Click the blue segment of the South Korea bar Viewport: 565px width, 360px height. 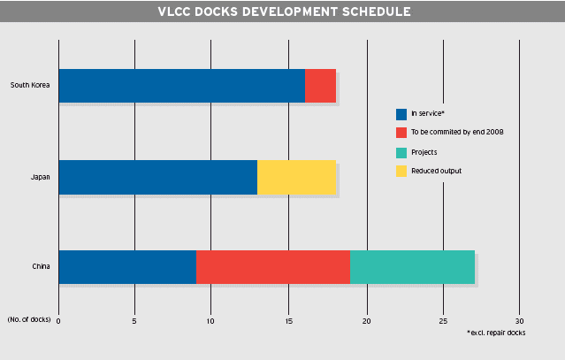182,86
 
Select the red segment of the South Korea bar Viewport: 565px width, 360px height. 320,86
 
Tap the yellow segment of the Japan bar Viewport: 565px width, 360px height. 296,177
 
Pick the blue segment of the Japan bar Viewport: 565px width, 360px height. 158,177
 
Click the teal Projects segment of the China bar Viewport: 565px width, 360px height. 412,267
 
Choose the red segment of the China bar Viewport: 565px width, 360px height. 273,267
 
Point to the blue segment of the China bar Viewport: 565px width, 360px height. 127,267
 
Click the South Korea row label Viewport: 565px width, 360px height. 30,85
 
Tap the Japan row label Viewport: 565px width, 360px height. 41,177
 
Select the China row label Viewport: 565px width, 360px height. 41,266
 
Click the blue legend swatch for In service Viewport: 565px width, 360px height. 401,115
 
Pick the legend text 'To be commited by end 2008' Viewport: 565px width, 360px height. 457,132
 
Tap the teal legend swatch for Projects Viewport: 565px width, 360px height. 401,153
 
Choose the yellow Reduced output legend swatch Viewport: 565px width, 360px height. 401,172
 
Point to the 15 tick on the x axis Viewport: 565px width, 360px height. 288,321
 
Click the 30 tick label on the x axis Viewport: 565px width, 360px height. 519,321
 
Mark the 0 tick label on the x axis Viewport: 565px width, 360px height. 58,321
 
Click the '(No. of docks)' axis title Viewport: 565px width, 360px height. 29,319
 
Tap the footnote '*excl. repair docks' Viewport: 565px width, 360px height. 496,333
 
